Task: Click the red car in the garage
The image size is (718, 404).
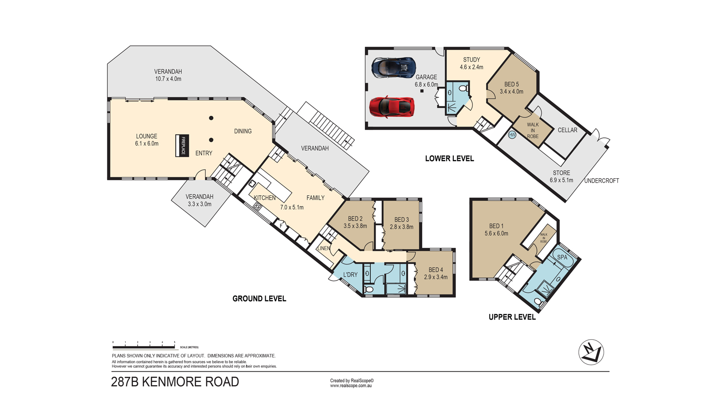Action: point(392,107)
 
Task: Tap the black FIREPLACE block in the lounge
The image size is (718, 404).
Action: point(182,145)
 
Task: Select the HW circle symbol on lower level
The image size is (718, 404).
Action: point(512,135)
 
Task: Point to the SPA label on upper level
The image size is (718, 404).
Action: point(562,257)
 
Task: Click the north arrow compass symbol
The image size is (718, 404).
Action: point(591,352)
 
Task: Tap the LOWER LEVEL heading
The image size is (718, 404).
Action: point(449,158)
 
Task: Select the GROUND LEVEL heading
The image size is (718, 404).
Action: point(259,299)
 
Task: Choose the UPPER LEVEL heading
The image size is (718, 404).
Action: point(512,317)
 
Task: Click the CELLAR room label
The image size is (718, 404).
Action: point(567,130)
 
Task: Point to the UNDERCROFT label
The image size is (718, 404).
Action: point(601,181)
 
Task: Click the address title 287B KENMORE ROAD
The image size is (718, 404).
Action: point(175,382)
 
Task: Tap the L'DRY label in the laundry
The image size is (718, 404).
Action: point(350,275)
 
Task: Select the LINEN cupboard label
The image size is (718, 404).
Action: point(324,248)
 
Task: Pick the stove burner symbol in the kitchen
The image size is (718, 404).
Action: point(258,206)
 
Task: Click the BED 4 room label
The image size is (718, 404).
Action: point(436,270)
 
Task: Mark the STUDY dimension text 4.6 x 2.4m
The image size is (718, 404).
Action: point(472,67)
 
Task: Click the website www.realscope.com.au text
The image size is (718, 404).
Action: point(351,386)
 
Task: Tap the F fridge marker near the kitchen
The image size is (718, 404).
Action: point(281,226)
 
